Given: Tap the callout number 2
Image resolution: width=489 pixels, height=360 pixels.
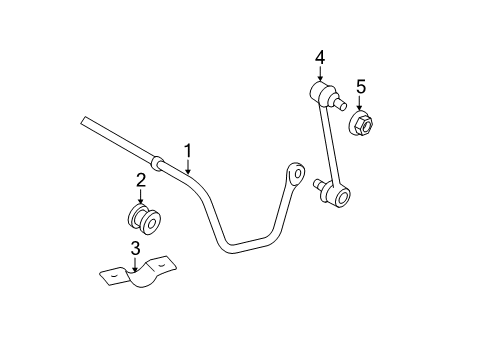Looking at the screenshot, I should click(x=141, y=180).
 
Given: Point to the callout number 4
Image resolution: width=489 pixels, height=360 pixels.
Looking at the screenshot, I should click(x=320, y=58).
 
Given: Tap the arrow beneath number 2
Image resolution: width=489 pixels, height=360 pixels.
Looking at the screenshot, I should click(x=141, y=197).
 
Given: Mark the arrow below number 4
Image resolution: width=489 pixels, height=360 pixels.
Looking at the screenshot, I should click(x=320, y=77).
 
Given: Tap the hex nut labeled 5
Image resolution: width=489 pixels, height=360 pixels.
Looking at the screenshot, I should click(x=362, y=123).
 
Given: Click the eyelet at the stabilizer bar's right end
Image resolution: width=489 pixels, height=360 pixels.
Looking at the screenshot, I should click(x=297, y=174).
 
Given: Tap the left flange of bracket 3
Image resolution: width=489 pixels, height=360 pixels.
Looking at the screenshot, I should click(x=112, y=272).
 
